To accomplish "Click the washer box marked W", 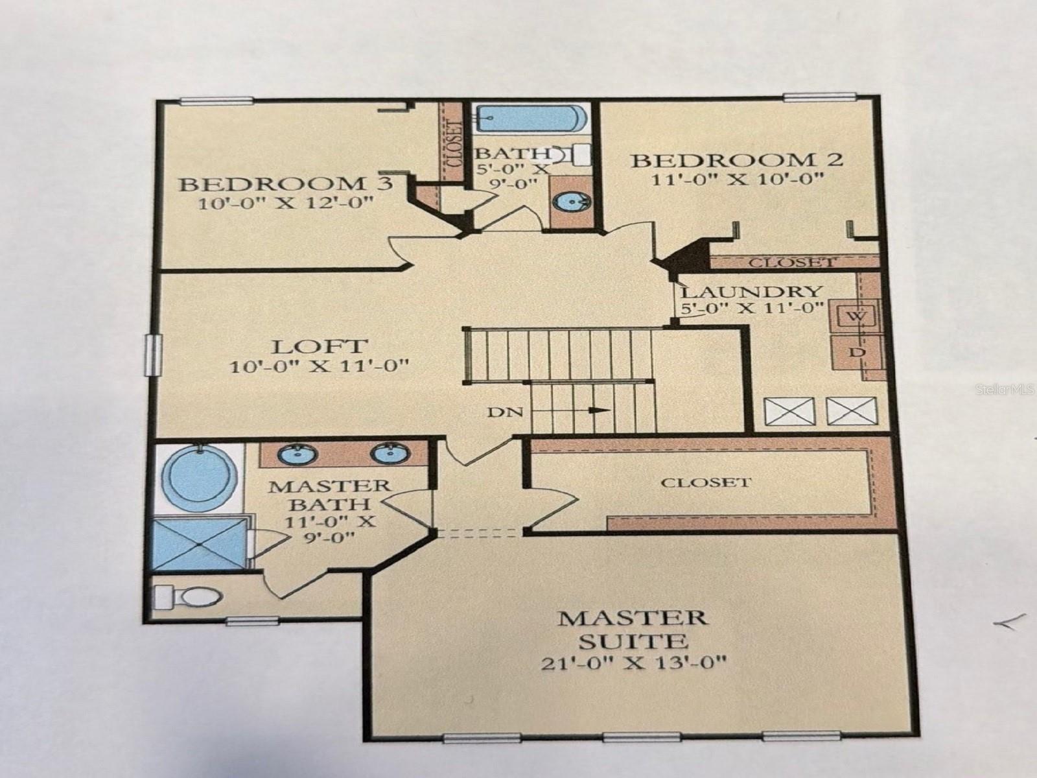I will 856,316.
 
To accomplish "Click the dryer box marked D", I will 856,352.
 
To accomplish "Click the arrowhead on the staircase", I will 601,410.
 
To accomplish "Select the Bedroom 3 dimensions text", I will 286,203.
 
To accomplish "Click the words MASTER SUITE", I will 632,628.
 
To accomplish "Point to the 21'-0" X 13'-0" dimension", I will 632,663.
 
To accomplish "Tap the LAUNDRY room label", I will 751,292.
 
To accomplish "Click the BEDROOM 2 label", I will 738,159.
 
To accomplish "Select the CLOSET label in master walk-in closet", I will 705,482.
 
